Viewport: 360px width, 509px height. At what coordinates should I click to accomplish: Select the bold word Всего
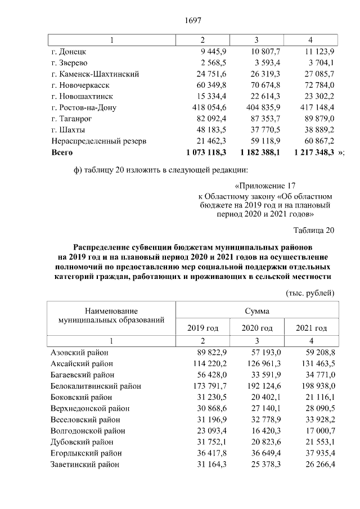62,152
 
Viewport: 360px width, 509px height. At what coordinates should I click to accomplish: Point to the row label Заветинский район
85,465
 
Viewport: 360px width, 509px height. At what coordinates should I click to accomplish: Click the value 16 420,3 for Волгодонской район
259,431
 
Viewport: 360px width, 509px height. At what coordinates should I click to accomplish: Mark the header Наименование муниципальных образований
111,316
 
